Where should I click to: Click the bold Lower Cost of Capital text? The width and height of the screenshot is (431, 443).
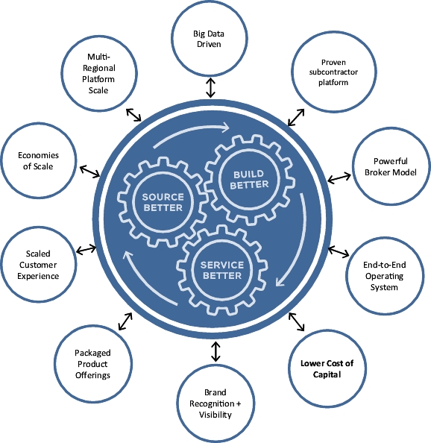click(327, 368)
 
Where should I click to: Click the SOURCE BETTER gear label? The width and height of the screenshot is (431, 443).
click(163, 202)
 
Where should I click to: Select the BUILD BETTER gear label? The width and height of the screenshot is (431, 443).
click(249, 180)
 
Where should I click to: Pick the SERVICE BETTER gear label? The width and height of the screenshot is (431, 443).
click(222, 270)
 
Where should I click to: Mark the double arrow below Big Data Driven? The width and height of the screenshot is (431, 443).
click(210, 88)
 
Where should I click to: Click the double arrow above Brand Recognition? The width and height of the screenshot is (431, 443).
click(215, 351)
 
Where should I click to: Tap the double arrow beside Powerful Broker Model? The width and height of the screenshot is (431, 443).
click(339, 178)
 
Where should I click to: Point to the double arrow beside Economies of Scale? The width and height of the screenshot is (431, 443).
click(89, 172)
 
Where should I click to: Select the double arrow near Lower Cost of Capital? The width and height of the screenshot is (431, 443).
click(297, 321)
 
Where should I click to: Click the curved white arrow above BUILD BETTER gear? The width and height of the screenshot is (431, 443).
click(191, 131)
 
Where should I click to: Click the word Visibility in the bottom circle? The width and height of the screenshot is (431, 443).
click(215, 415)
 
